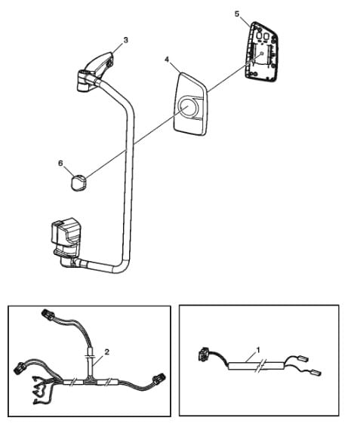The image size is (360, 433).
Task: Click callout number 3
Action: (126, 40)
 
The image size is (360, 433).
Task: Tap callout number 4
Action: (167, 60)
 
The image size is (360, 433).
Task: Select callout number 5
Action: (237, 14)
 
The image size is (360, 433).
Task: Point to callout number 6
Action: (60, 163)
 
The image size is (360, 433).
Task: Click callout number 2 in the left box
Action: (107, 352)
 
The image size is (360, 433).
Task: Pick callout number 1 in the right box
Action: (258, 350)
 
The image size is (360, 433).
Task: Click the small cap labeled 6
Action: (78, 182)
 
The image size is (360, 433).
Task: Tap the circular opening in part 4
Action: (188, 107)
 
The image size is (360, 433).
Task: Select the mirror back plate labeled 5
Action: (261, 53)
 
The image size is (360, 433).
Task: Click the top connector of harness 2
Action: (48, 315)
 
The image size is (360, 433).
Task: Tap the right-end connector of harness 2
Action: (159, 379)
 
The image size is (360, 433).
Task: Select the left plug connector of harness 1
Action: (203, 353)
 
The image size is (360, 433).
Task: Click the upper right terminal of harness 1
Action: (303, 359)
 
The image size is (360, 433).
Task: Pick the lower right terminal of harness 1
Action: (315, 373)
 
